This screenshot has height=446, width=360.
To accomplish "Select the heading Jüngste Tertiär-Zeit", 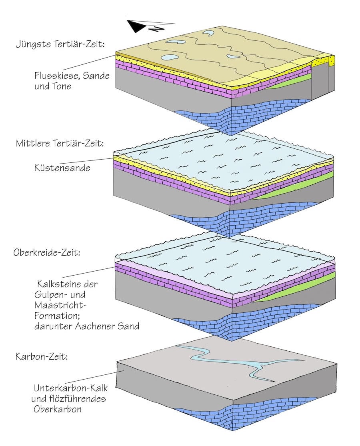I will click(x=60, y=44).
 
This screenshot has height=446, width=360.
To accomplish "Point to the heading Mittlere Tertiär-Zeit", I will click(x=60, y=143).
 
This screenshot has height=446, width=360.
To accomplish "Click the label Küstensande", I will click(x=62, y=168).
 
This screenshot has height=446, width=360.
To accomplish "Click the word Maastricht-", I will click(x=60, y=305).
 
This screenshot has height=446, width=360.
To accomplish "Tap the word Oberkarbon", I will click(x=58, y=409).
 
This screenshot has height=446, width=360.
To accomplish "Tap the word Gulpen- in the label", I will click(x=54, y=295).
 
